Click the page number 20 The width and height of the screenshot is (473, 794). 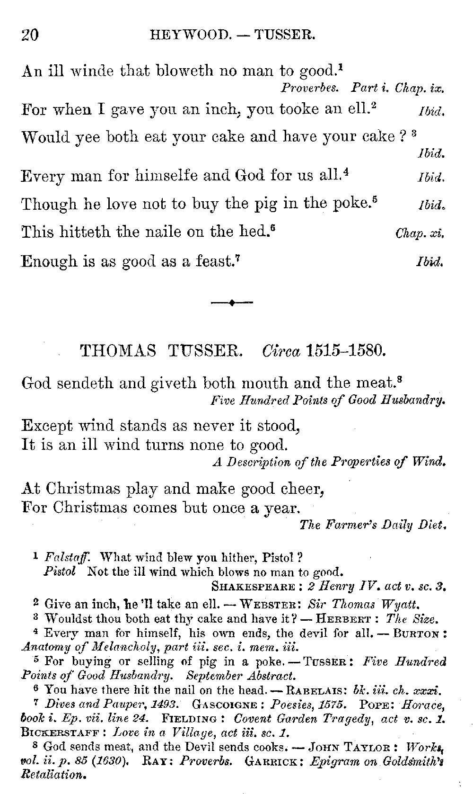click(x=30, y=36)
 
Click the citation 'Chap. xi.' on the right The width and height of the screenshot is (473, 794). click(x=419, y=233)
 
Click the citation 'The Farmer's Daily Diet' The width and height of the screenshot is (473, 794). click(x=373, y=525)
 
